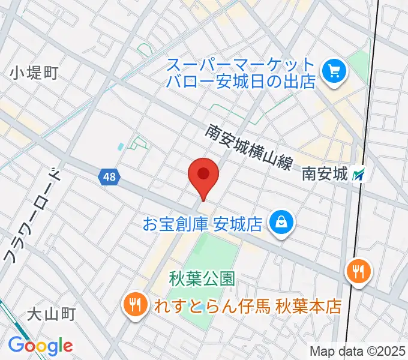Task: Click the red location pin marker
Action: coord(203,176)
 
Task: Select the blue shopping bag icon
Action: coord(280,223)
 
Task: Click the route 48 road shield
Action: coord(109,177)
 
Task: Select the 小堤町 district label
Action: coord(34,74)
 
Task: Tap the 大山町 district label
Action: coord(53,314)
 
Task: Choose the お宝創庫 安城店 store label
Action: coord(203,224)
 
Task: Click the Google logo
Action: coord(40,346)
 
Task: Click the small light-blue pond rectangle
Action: coord(121,146)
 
